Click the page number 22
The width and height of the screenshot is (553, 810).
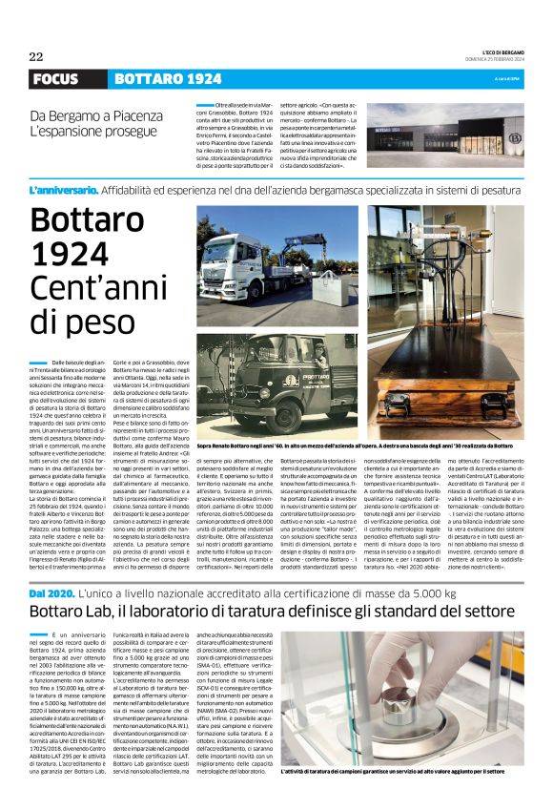pyautogui.click(x=36, y=56)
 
